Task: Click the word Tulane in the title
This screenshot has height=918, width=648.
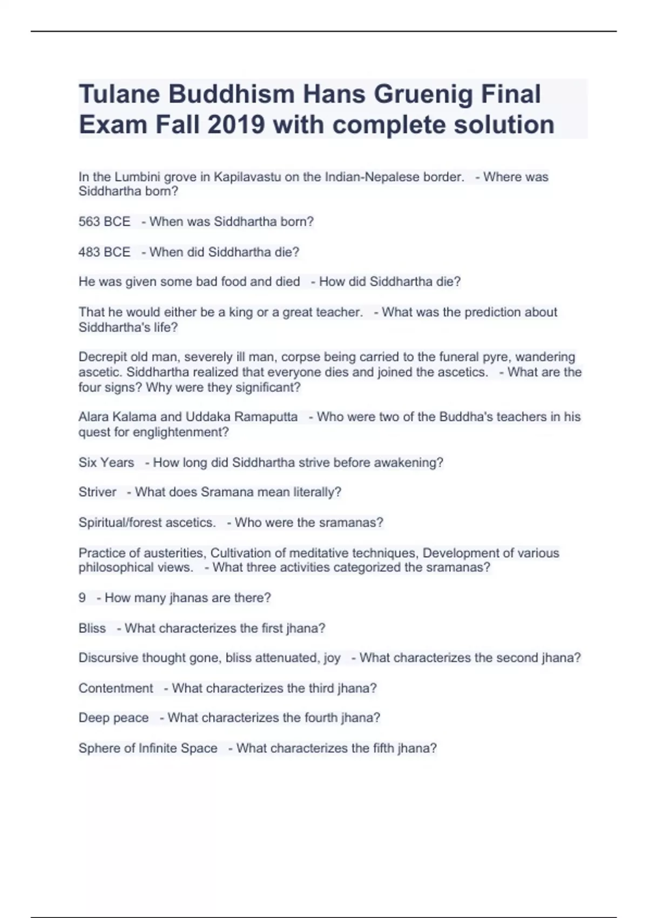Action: tap(119, 94)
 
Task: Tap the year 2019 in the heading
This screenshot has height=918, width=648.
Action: tap(236, 125)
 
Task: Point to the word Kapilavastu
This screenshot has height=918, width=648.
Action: tap(247, 177)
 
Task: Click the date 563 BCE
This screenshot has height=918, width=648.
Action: tap(104, 222)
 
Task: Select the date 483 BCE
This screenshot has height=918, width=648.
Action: tap(104, 252)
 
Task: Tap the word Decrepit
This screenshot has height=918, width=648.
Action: tap(102, 357)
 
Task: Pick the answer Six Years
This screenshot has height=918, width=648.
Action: tap(106, 463)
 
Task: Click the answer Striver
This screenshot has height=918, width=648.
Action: tap(97, 492)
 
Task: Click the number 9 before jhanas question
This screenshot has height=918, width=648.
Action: tap(82, 598)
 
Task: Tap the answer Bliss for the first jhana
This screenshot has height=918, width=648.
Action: tap(92, 629)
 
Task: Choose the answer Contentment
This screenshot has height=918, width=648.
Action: tap(116, 688)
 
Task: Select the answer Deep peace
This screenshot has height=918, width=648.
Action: tap(113, 718)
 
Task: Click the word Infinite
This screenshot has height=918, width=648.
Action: tap(158, 748)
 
